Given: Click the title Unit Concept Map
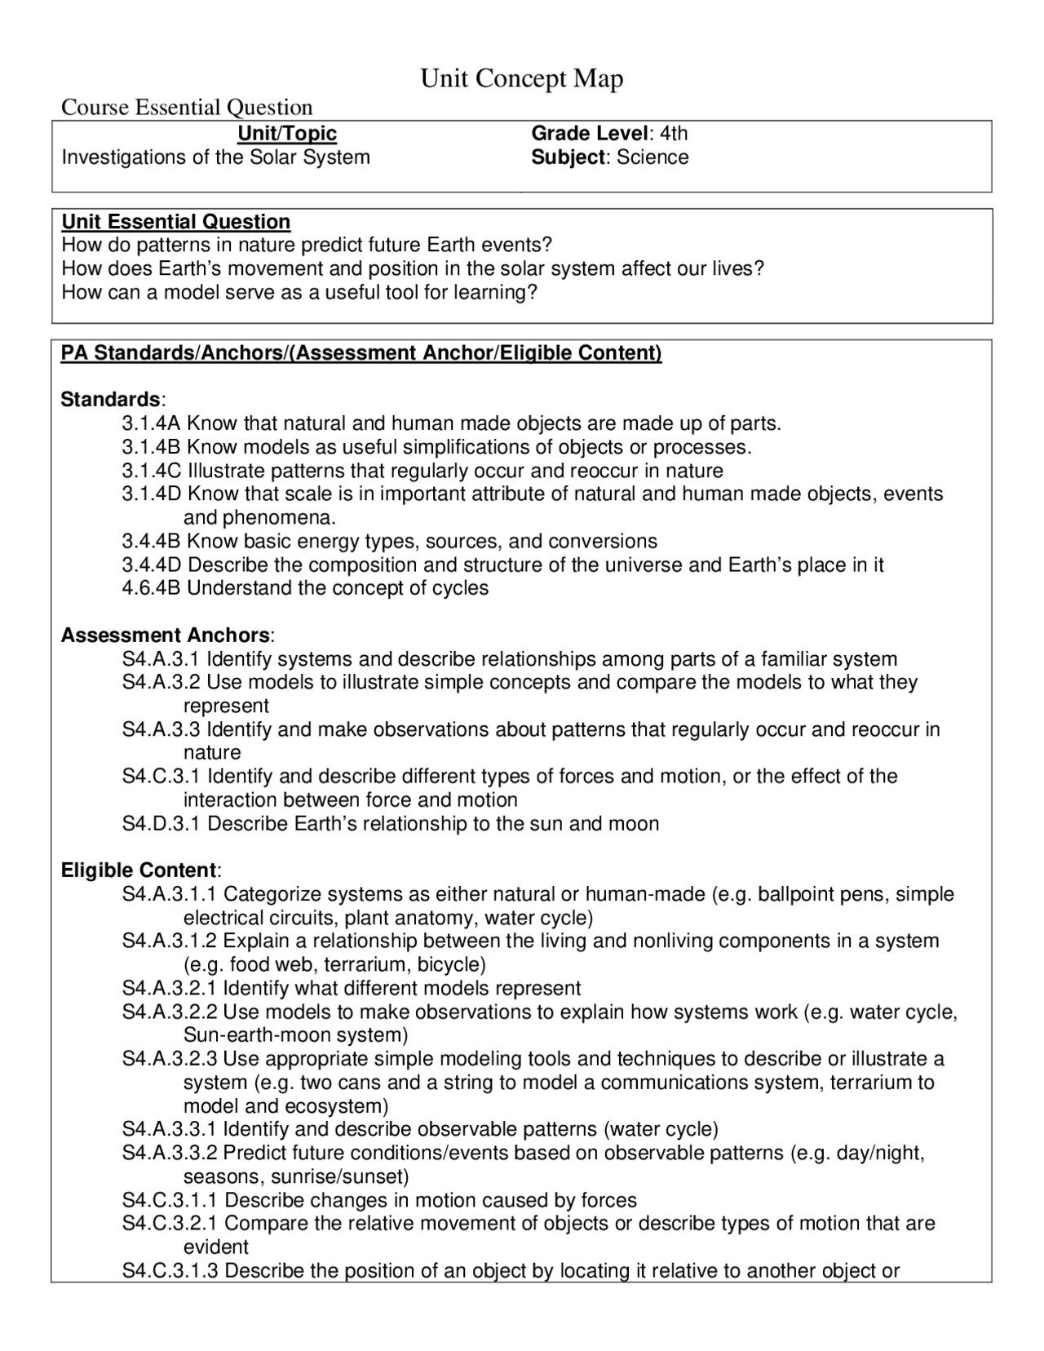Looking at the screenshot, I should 521,79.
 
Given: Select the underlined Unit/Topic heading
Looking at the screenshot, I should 286,134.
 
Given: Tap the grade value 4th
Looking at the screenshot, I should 674,134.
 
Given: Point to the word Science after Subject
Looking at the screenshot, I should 652,157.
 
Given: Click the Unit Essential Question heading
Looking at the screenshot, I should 176,222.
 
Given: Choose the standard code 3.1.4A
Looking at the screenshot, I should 152,423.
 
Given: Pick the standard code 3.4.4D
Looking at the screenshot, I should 152,565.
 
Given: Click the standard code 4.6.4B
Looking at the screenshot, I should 152,588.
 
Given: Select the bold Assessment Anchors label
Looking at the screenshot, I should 166,636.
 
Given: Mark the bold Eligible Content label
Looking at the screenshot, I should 139,870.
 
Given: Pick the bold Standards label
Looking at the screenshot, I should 111,400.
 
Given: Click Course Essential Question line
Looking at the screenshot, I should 187,108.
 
